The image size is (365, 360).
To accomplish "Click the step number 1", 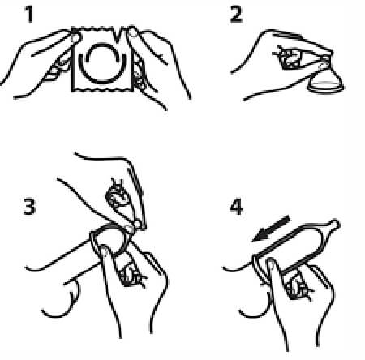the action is click(x=29, y=15).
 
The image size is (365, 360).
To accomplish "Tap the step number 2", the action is click(x=236, y=15).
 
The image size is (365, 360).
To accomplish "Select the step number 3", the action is click(x=29, y=207).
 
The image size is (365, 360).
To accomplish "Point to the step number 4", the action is click(x=236, y=207).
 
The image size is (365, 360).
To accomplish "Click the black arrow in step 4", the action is click(x=271, y=229).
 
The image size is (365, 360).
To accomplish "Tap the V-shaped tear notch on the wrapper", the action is click(x=118, y=34).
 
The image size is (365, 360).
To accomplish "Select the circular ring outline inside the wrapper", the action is click(x=103, y=62).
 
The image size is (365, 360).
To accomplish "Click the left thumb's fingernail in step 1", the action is click(x=76, y=37).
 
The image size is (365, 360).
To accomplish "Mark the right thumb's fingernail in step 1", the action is click(x=132, y=32).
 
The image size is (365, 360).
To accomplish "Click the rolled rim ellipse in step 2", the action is click(x=326, y=88).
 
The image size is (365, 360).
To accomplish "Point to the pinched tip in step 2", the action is click(x=324, y=60).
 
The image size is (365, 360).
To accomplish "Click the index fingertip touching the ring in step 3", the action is click(x=105, y=250).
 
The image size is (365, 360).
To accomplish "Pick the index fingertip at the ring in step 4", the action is click(x=272, y=264).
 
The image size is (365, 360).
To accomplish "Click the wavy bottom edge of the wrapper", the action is click(x=103, y=89).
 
